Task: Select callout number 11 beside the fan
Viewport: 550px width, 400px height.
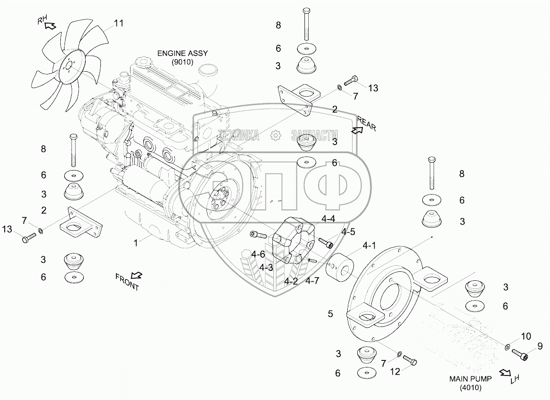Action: (119, 23)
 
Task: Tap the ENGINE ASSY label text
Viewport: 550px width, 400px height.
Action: (182, 53)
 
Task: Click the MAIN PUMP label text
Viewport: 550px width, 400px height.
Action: (470, 379)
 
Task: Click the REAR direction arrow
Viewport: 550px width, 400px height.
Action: (357, 131)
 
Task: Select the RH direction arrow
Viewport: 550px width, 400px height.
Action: (51, 25)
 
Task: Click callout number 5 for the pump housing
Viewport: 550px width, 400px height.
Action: (330, 314)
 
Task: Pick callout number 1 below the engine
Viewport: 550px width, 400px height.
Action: (136, 243)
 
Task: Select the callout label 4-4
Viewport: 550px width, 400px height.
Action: (328, 219)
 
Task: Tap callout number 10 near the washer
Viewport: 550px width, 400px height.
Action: (526, 336)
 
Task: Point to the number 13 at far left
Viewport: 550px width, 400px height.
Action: (7, 229)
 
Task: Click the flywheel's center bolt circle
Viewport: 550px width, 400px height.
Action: (219, 199)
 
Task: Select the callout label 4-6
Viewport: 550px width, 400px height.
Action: (258, 254)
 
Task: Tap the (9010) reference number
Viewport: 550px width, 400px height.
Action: (182, 62)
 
